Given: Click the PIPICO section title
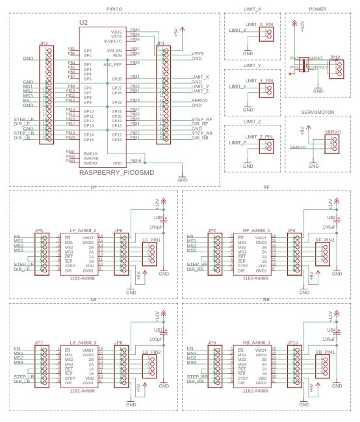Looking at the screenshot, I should [x=114, y=8].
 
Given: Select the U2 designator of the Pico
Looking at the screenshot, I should [x=83, y=23].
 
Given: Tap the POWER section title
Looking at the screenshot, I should [x=317, y=9].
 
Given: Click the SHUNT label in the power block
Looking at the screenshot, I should [x=315, y=59].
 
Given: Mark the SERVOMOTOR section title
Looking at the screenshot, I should [x=317, y=111].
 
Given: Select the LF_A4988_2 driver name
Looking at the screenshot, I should [x=83, y=231].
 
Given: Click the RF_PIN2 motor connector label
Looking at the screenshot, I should [x=326, y=240].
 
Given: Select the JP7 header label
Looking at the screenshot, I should [x=39, y=343].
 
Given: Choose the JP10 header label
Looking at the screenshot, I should [x=292, y=343].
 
